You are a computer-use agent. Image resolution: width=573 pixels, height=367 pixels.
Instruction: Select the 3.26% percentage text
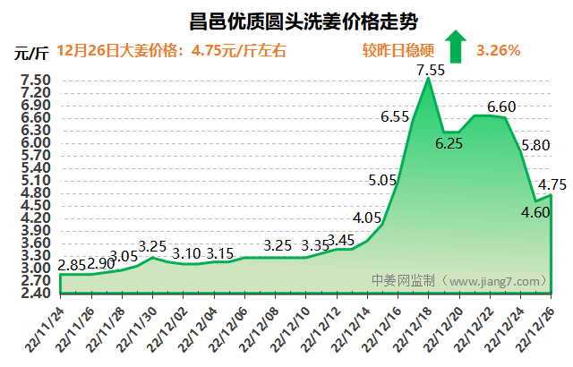[499, 50]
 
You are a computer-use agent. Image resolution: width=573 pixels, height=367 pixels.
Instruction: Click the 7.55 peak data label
[431, 69]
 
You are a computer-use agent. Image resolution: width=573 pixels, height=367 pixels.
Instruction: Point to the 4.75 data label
[552, 185]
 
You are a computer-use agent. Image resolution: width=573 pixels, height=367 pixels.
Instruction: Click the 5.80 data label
[535, 145]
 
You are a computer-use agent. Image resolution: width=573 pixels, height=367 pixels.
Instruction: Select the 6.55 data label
[395, 116]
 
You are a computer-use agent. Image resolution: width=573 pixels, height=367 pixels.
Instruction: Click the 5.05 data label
[382, 180]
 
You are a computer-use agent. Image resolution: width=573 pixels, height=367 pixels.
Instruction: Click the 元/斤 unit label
[32, 51]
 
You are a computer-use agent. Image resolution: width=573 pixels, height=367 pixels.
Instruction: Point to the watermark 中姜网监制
[404, 280]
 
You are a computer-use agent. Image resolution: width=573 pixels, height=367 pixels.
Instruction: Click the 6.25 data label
[449, 143]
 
